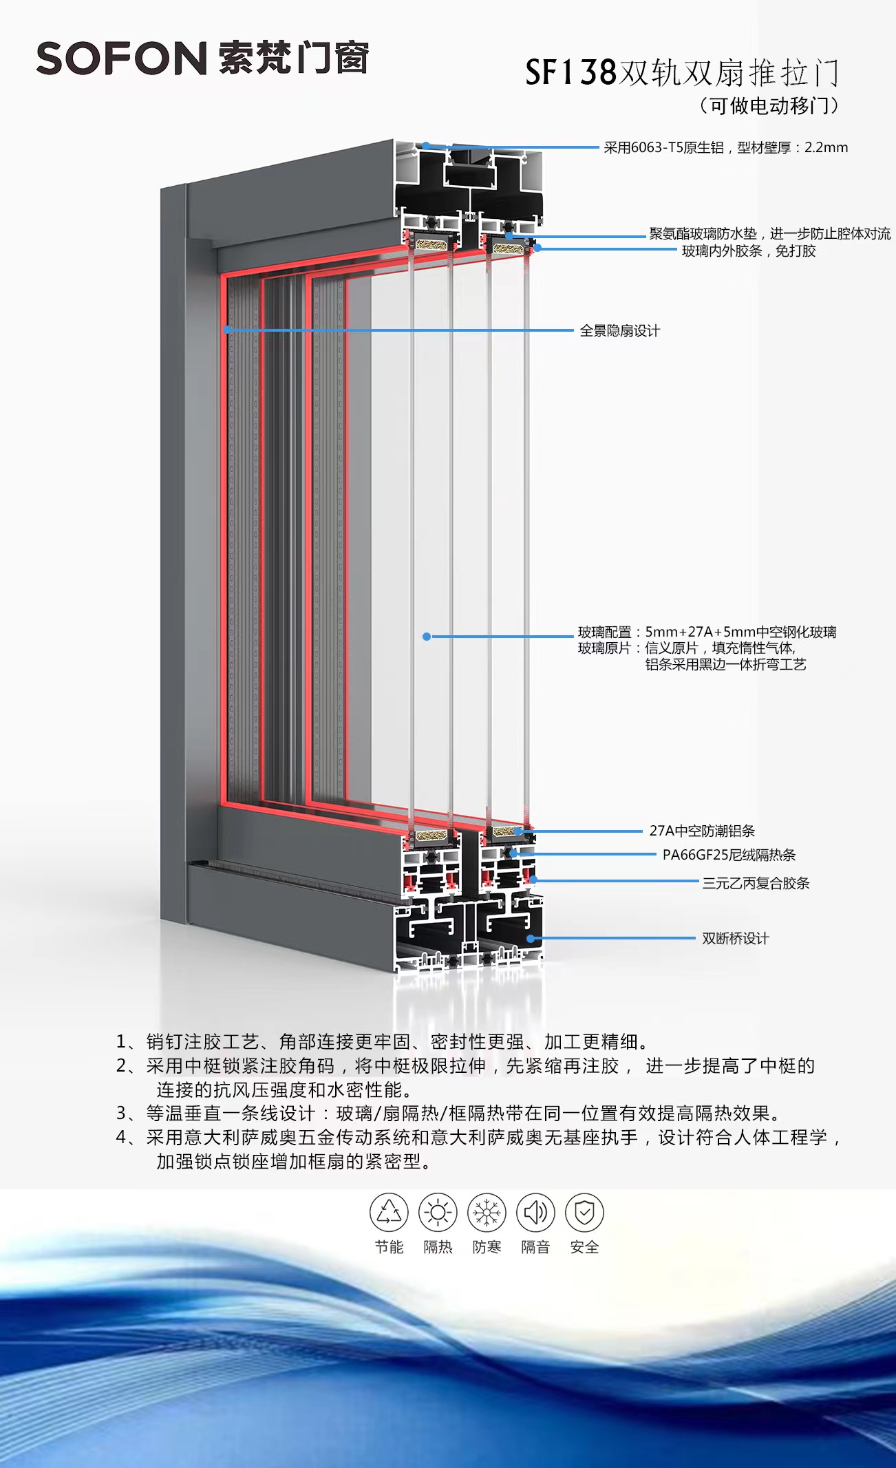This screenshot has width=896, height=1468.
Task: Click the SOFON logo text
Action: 122,58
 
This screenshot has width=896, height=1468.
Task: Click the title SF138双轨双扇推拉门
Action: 681,73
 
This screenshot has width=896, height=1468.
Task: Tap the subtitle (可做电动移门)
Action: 769,106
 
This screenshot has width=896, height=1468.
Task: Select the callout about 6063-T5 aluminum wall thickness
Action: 725,147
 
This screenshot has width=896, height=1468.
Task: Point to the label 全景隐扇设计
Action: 619,331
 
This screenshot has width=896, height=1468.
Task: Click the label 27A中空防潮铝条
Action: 702,831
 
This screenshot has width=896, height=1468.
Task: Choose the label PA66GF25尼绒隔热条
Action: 729,855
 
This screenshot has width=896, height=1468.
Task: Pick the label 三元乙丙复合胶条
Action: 756,883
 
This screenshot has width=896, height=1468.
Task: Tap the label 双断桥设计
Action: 735,938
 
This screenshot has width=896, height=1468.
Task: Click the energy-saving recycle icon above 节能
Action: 389,1213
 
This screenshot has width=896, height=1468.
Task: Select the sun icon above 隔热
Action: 438,1213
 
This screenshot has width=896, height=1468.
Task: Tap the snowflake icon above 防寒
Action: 487,1213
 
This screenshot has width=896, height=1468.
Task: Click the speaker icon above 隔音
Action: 535,1213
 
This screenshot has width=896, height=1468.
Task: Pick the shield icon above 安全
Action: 584,1213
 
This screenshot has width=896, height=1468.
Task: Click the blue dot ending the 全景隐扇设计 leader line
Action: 226,330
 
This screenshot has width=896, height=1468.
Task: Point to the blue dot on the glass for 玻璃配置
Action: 427,637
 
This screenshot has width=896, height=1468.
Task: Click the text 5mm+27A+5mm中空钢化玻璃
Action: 740,632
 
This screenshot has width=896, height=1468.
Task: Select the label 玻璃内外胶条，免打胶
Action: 749,251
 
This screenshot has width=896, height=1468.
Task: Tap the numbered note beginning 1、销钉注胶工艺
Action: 382,1042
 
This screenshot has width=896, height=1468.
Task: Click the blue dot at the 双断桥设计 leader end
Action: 531,938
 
